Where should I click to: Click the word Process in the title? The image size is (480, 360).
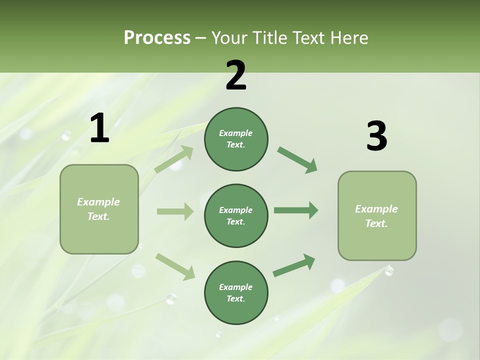tap(157, 37)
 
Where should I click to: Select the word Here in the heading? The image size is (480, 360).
tap(347, 37)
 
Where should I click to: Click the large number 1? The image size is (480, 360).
tap(99, 128)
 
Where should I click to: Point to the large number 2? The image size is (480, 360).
tap(236, 75)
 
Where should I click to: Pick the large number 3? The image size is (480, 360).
tap(376, 136)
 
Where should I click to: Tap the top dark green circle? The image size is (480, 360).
tap(236, 139)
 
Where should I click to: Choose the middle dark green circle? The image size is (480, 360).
tap(236, 215)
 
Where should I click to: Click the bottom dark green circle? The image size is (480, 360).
tap(236, 292)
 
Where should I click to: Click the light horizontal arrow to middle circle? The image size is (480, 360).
tap(175, 211)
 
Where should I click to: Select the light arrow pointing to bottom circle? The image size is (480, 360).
tap(175, 266)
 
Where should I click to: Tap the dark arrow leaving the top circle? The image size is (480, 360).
tap(297, 160)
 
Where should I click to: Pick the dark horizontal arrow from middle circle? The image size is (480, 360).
tap(296, 210)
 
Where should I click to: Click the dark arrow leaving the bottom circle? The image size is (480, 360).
tap(294, 265)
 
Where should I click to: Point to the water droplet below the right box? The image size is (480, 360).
tap(389, 270)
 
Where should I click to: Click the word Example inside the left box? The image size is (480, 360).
tap(98, 202)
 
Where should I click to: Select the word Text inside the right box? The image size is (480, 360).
tap(376, 223)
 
